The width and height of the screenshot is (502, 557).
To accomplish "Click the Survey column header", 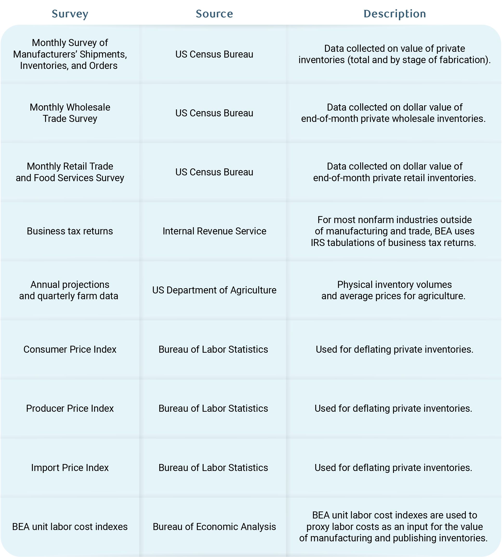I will click(70, 14).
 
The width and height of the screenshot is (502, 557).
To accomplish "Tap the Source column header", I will click(214, 14).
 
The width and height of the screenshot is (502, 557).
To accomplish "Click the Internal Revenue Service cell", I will click(214, 231).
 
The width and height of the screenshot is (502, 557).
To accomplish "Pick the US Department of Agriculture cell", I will click(214, 290).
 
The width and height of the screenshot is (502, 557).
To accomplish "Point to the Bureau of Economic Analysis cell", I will click(214, 526).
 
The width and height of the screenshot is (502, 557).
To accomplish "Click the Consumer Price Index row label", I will click(70, 349).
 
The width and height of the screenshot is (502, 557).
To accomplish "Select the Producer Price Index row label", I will click(70, 408).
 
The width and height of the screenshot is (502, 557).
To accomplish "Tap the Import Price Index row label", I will click(70, 467).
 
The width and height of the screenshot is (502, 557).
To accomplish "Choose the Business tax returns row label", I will click(70, 231).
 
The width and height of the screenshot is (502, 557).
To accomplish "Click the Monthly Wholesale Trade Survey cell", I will click(70, 113).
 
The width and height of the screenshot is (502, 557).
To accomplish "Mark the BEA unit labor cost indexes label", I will click(70, 526).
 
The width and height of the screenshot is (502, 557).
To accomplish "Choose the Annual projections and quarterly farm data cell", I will click(69, 290).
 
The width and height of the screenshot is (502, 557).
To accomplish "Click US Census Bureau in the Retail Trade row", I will click(214, 172).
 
